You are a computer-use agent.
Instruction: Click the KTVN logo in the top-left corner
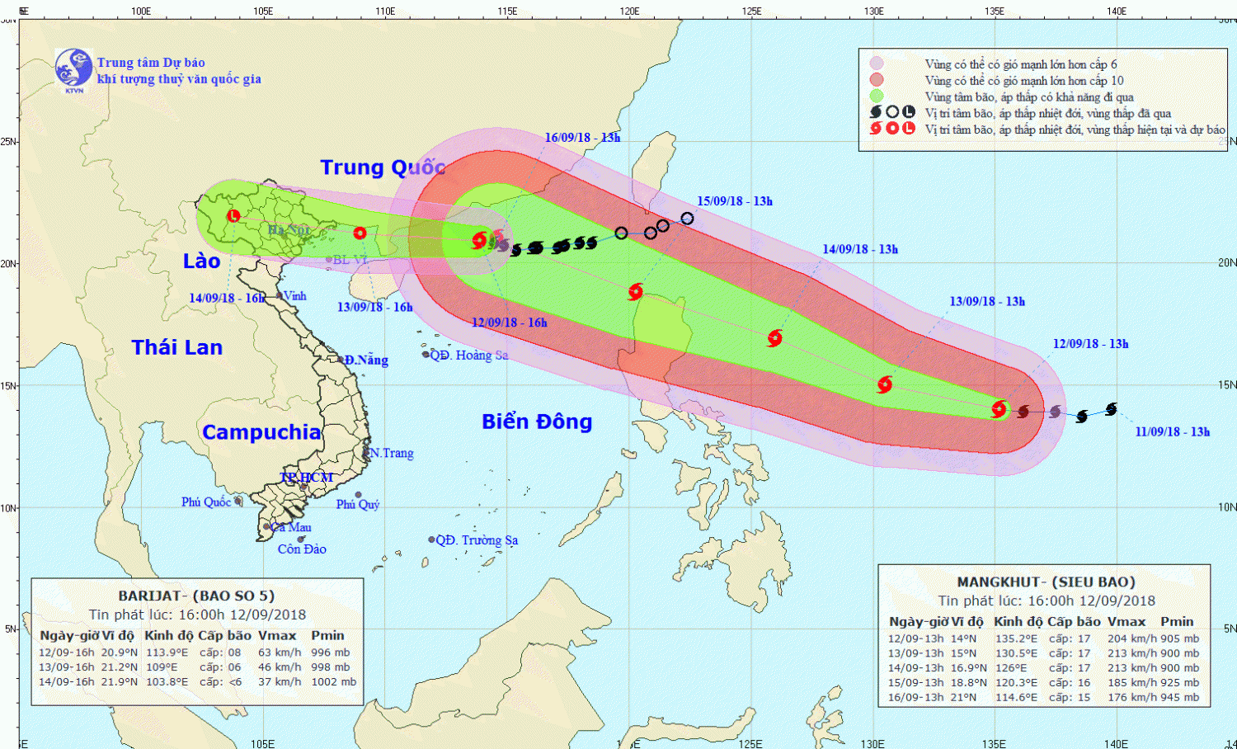pos(73,69)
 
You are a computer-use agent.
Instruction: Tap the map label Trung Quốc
pos(383,167)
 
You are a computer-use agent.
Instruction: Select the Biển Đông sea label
pos(537,422)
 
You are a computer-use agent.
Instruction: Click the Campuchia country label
pos(261,432)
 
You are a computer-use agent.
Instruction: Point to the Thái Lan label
pos(177,347)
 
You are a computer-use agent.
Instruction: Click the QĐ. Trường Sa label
pos(477,540)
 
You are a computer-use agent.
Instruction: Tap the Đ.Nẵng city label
pos(366,360)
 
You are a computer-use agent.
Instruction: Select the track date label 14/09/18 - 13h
pos(860,249)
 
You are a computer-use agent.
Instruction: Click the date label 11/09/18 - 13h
pos(1172,431)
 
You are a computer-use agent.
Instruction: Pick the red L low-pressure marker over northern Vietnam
pos(233,216)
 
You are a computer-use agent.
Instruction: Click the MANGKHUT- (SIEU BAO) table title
pos(1046,582)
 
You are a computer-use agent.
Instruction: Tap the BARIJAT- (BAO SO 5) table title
pos(196,596)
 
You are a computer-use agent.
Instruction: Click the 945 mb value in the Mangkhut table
pos(1179,697)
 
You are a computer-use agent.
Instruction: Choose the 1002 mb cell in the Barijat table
pos(335,681)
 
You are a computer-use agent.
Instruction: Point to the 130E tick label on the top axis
pos(874,12)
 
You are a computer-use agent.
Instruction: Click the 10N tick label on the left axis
pos(8,507)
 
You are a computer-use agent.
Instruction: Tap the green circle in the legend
pos(876,97)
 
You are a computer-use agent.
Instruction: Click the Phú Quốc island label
pos(206,502)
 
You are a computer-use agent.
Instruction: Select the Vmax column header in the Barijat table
pos(277,635)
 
